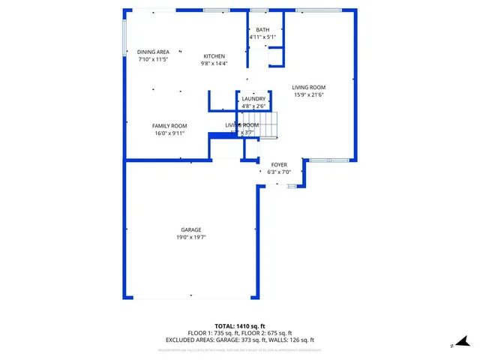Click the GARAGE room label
pyautogui.click(x=190, y=229)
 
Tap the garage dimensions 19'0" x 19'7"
pyautogui.click(x=190, y=237)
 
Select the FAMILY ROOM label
pyautogui.click(x=169, y=125)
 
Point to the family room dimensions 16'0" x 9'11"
pyautogui.click(x=169, y=133)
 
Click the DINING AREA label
pyautogui.click(x=153, y=51)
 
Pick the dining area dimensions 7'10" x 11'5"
pyautogui.click(x=153, y=58)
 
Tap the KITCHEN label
pyautogui.click(x=214, y=56)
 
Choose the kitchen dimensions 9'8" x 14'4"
pyautogui.click(x=214, y=64)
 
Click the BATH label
pyautogui.click(x=262, y=29)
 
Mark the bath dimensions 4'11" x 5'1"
pyautogui.click(x=262, y=37)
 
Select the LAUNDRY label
pyautogui.click(x=253, y=98)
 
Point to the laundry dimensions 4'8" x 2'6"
pyautogui.click(x=253, y=106)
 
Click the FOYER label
pyautogui.click(x=279, y=164)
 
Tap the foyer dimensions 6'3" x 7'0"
pyautogui.click(x=279, y=172)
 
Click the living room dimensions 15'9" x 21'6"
pyautogui.click(x=309, y=94)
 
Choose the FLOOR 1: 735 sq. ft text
pyautogui.click(x=213, y=333)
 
